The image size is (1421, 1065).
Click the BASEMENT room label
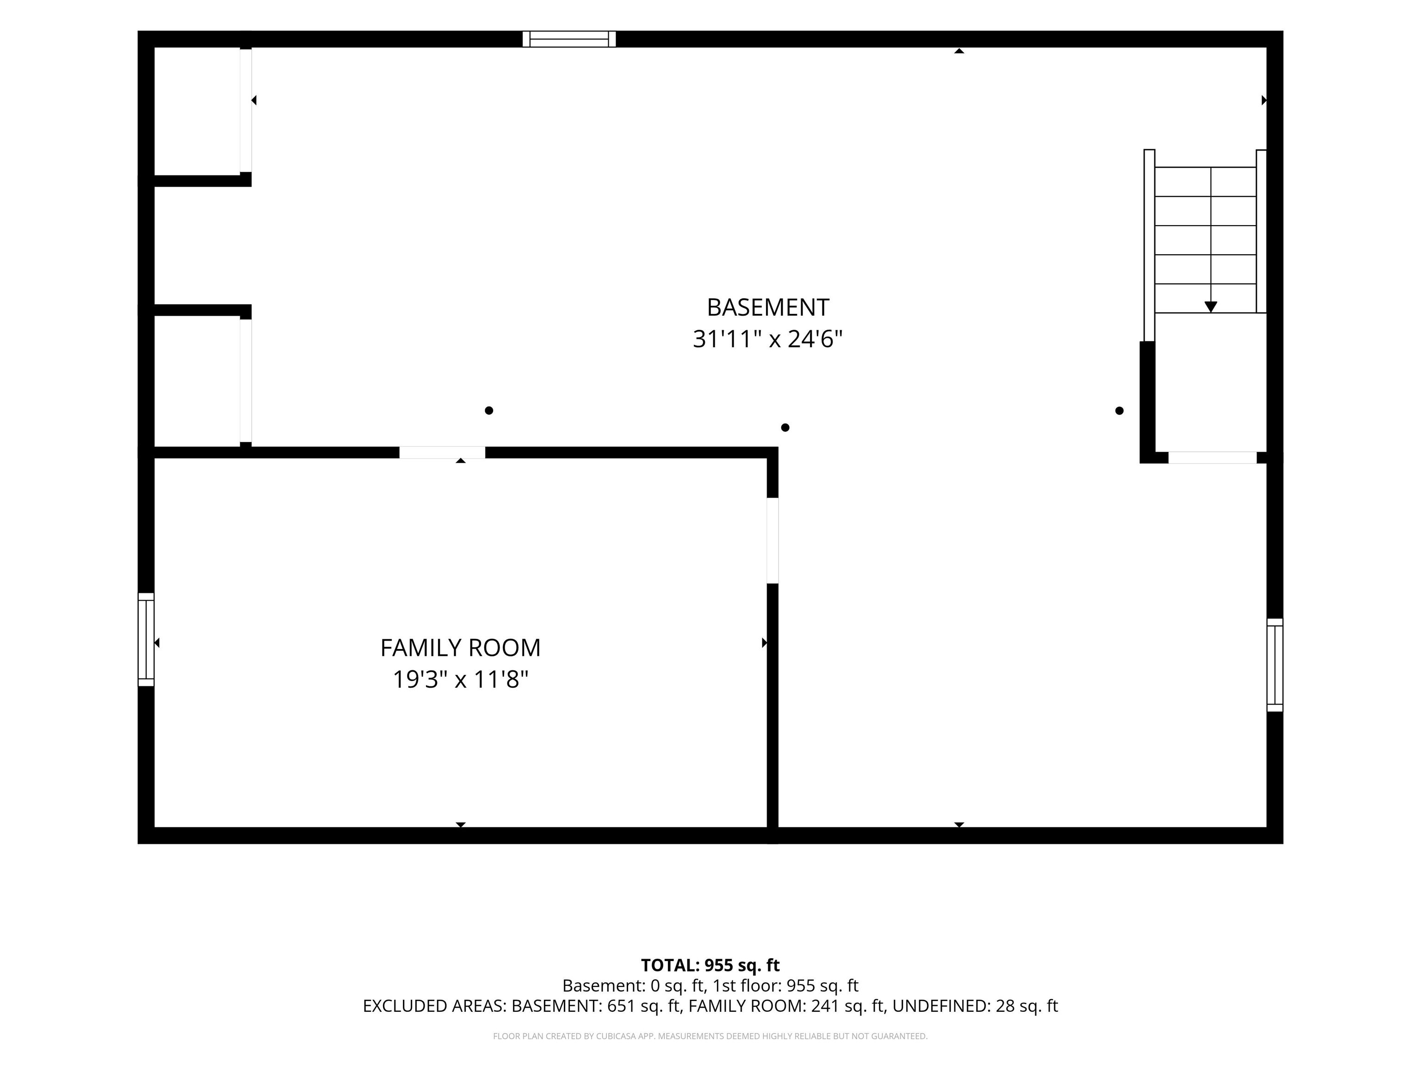tap(768, 307)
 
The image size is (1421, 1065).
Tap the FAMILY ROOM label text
tap(461, 648)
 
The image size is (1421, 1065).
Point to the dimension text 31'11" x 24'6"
tap(768, 339)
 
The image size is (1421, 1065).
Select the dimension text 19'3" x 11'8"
tap(461, 679)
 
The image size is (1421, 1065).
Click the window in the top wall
tap(569, 39)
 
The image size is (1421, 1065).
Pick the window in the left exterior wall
tap(147, 639)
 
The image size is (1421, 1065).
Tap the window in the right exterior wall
tap(1274, 665)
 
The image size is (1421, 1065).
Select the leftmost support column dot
tap(489, 410)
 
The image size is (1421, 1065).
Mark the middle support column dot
tap(785, 428)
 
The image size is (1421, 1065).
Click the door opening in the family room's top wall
tap(442, 453)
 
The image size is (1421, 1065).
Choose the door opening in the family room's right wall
tap(773, 540)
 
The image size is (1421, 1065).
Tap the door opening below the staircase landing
tap(1212, 458)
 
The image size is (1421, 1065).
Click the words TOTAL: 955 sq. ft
tap(710, 966)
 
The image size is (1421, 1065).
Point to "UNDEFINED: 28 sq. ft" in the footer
tap(975, 1006)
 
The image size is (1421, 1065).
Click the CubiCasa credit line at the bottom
tap(710, 1036)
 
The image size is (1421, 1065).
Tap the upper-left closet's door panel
tap(246, 110)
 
